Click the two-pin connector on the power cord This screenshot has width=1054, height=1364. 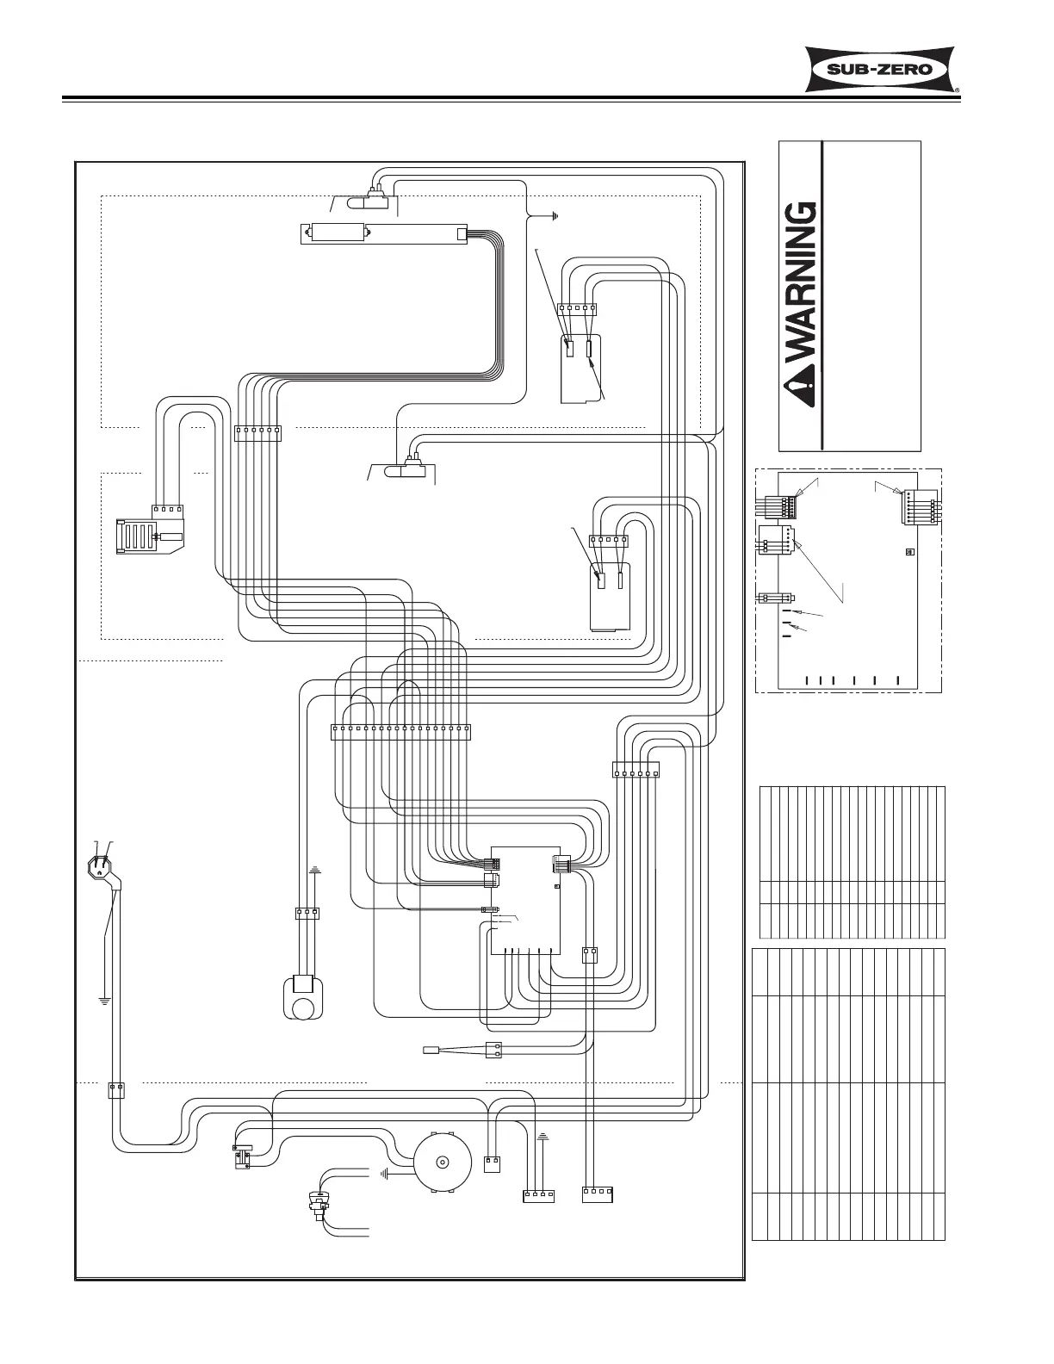116,1089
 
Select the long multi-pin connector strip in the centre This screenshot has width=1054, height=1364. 400,732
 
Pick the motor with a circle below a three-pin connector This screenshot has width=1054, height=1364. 303,997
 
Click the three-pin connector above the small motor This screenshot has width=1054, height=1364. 307,912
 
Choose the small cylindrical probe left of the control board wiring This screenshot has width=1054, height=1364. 432,1050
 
